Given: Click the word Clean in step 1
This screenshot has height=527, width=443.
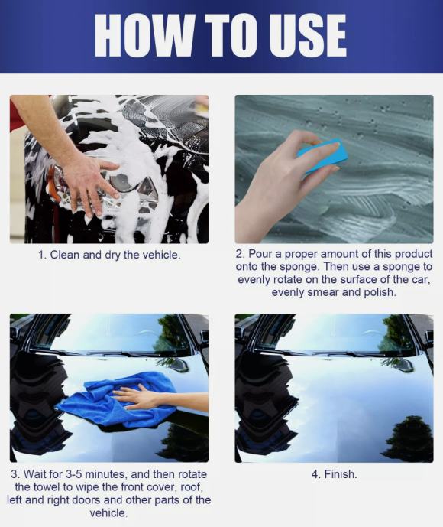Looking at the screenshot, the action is [x=64, y=255].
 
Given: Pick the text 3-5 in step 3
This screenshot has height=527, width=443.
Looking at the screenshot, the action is [x=74, y=474].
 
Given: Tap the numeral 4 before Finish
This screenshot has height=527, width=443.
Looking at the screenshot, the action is [x=315, y=474].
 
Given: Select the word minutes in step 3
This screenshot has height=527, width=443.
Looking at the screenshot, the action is [x=105, y=474].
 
